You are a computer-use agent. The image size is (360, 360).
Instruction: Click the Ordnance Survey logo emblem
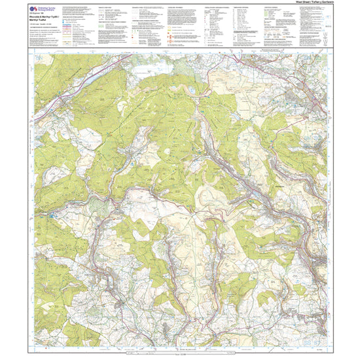[x=32, y=9]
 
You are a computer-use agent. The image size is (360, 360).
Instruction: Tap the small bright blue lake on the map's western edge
[x=50, y=213]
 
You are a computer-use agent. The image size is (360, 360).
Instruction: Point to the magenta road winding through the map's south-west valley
[x=98, y=262]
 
